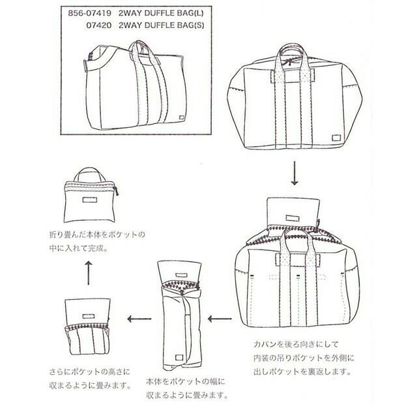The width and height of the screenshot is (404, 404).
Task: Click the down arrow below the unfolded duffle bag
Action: click(294, 173)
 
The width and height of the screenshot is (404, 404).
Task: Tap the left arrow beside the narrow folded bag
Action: click(136, 319)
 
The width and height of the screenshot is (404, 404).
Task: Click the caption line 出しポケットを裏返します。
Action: click(295, 373)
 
